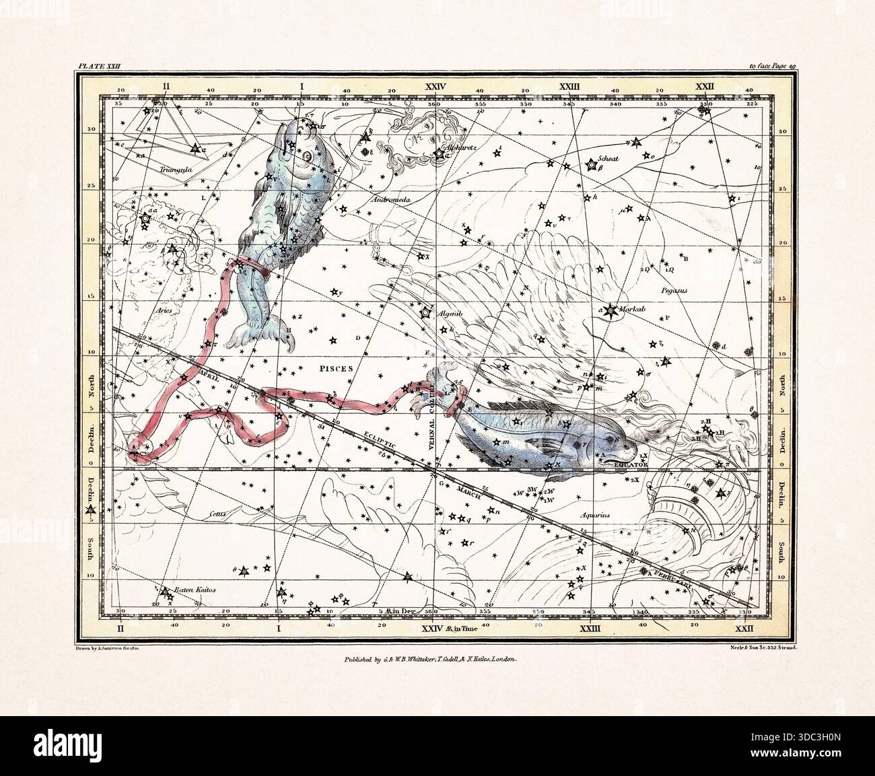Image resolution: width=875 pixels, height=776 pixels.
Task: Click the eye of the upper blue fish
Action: point(307,156)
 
